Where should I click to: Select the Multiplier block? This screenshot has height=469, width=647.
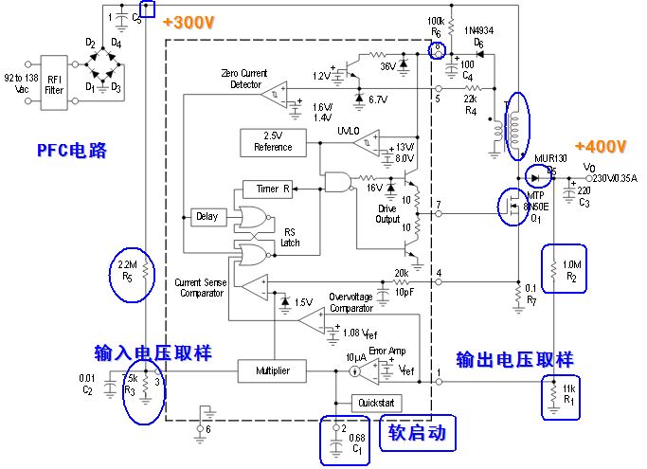[x=273, y=370]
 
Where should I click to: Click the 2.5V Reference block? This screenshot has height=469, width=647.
[x=274, y=141]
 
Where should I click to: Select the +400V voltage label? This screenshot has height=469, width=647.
[x=600, y=146]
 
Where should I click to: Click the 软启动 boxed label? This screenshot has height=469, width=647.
[x=417, y=434]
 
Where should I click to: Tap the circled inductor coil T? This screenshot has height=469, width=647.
[x=515, y=123]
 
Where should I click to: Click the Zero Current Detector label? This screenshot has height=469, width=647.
[x=245, y=79]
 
